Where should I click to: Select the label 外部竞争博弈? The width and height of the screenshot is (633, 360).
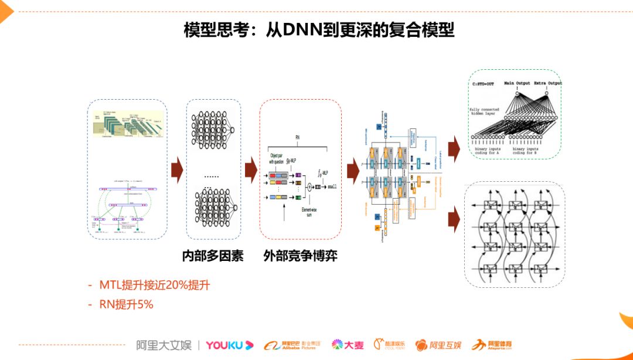point(300,256)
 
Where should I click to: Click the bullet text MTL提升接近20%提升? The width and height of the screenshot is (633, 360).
point(154,286)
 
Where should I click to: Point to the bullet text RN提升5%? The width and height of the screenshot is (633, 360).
point(126,304)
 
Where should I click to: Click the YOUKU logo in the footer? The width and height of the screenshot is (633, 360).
point(229,345)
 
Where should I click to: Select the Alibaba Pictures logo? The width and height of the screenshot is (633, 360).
point(292,345)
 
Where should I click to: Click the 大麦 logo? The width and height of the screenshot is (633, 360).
point(348,345)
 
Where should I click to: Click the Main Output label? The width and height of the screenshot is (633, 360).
point(516,83)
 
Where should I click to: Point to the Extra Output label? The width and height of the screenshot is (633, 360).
point(547,83)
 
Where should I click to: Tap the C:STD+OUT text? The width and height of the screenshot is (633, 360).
point(483,84)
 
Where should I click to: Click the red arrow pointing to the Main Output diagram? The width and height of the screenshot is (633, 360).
point(454,151)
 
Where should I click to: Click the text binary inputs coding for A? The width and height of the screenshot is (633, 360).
point(491,152)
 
